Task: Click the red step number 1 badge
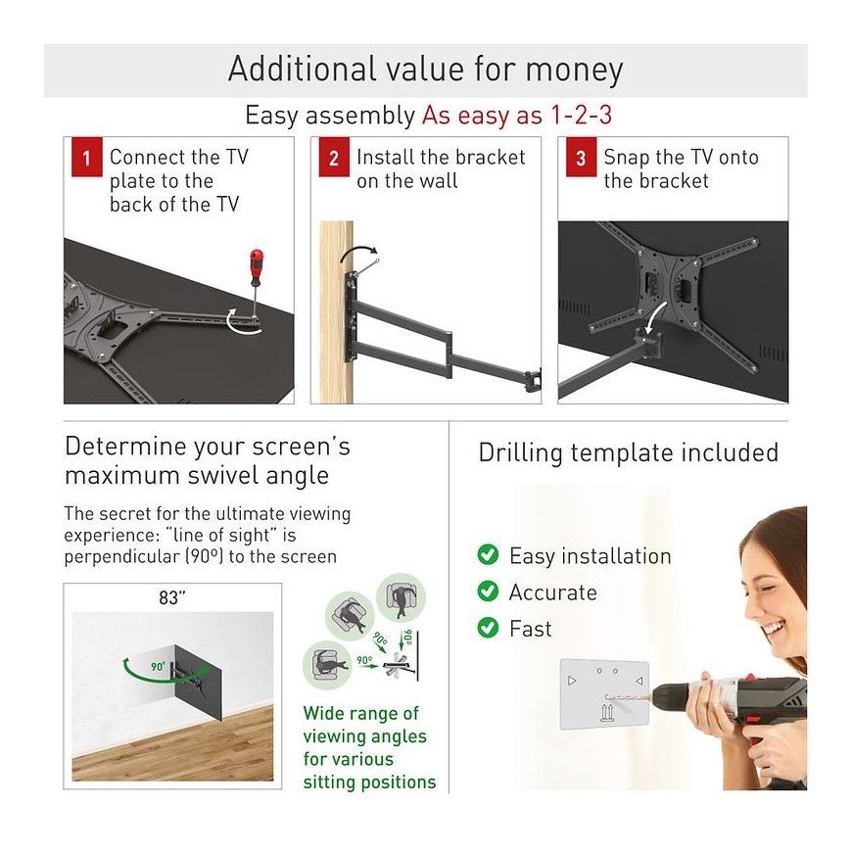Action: coord(87,158)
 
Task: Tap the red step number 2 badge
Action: coord(334,158)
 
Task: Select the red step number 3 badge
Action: coord(582,158)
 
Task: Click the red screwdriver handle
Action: coord(256,266)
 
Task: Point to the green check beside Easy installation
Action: coord(488,554)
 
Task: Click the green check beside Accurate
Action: coord(488,592)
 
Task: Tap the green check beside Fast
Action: coord(488,628)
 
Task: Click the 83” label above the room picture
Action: coord(171,597)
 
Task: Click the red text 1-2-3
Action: coord(582,115)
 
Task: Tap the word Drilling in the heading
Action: coord(521,453)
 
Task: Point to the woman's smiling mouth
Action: coord(774,630)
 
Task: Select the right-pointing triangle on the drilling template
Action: coord(572,681)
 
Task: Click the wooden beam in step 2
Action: coord(336,311)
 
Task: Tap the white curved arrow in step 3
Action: coord(654,317)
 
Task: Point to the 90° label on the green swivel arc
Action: coord(158,666)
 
